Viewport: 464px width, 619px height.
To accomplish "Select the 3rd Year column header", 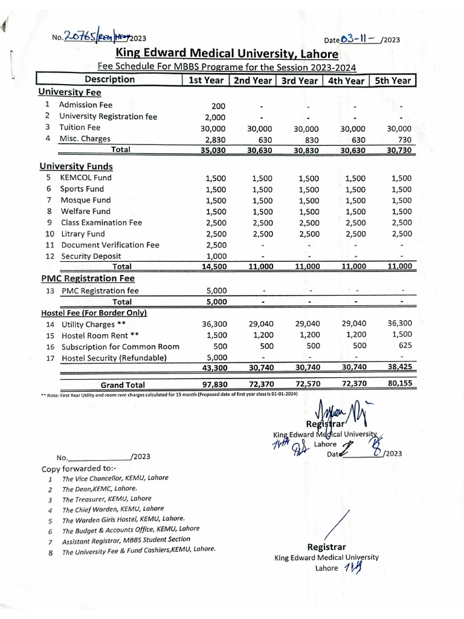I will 300,80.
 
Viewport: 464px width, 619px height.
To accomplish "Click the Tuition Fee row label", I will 80,128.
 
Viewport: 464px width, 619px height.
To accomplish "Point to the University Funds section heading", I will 76,166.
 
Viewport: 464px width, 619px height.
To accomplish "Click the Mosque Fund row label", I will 85,200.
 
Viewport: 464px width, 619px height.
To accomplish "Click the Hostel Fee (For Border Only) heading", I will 94,313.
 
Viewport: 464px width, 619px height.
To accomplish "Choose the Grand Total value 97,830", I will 214,384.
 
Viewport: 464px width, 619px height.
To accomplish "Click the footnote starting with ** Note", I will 170,394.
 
